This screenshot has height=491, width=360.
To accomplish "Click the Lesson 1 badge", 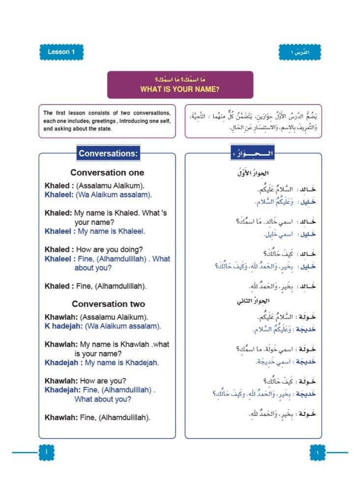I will click(61, 52).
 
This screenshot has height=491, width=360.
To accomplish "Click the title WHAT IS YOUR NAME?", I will click(180, 89).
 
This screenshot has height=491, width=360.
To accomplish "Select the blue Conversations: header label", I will click(109, 154).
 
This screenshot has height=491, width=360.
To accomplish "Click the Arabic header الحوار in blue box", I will click(253, 154).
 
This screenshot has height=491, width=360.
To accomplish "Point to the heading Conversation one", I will click(107, 173).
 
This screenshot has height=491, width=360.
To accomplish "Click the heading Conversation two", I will click(108, 304).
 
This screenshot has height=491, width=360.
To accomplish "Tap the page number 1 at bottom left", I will click(46, 452).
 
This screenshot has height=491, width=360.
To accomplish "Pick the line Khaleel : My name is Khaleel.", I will click(95, 231).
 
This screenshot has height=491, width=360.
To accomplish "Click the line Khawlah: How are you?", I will click(85, 381).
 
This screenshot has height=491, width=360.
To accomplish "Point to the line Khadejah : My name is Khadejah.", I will click(102, 363).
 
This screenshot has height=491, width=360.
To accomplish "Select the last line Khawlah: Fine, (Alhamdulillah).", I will click(97, 417).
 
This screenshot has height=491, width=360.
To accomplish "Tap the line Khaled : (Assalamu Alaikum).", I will click(94, 186).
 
